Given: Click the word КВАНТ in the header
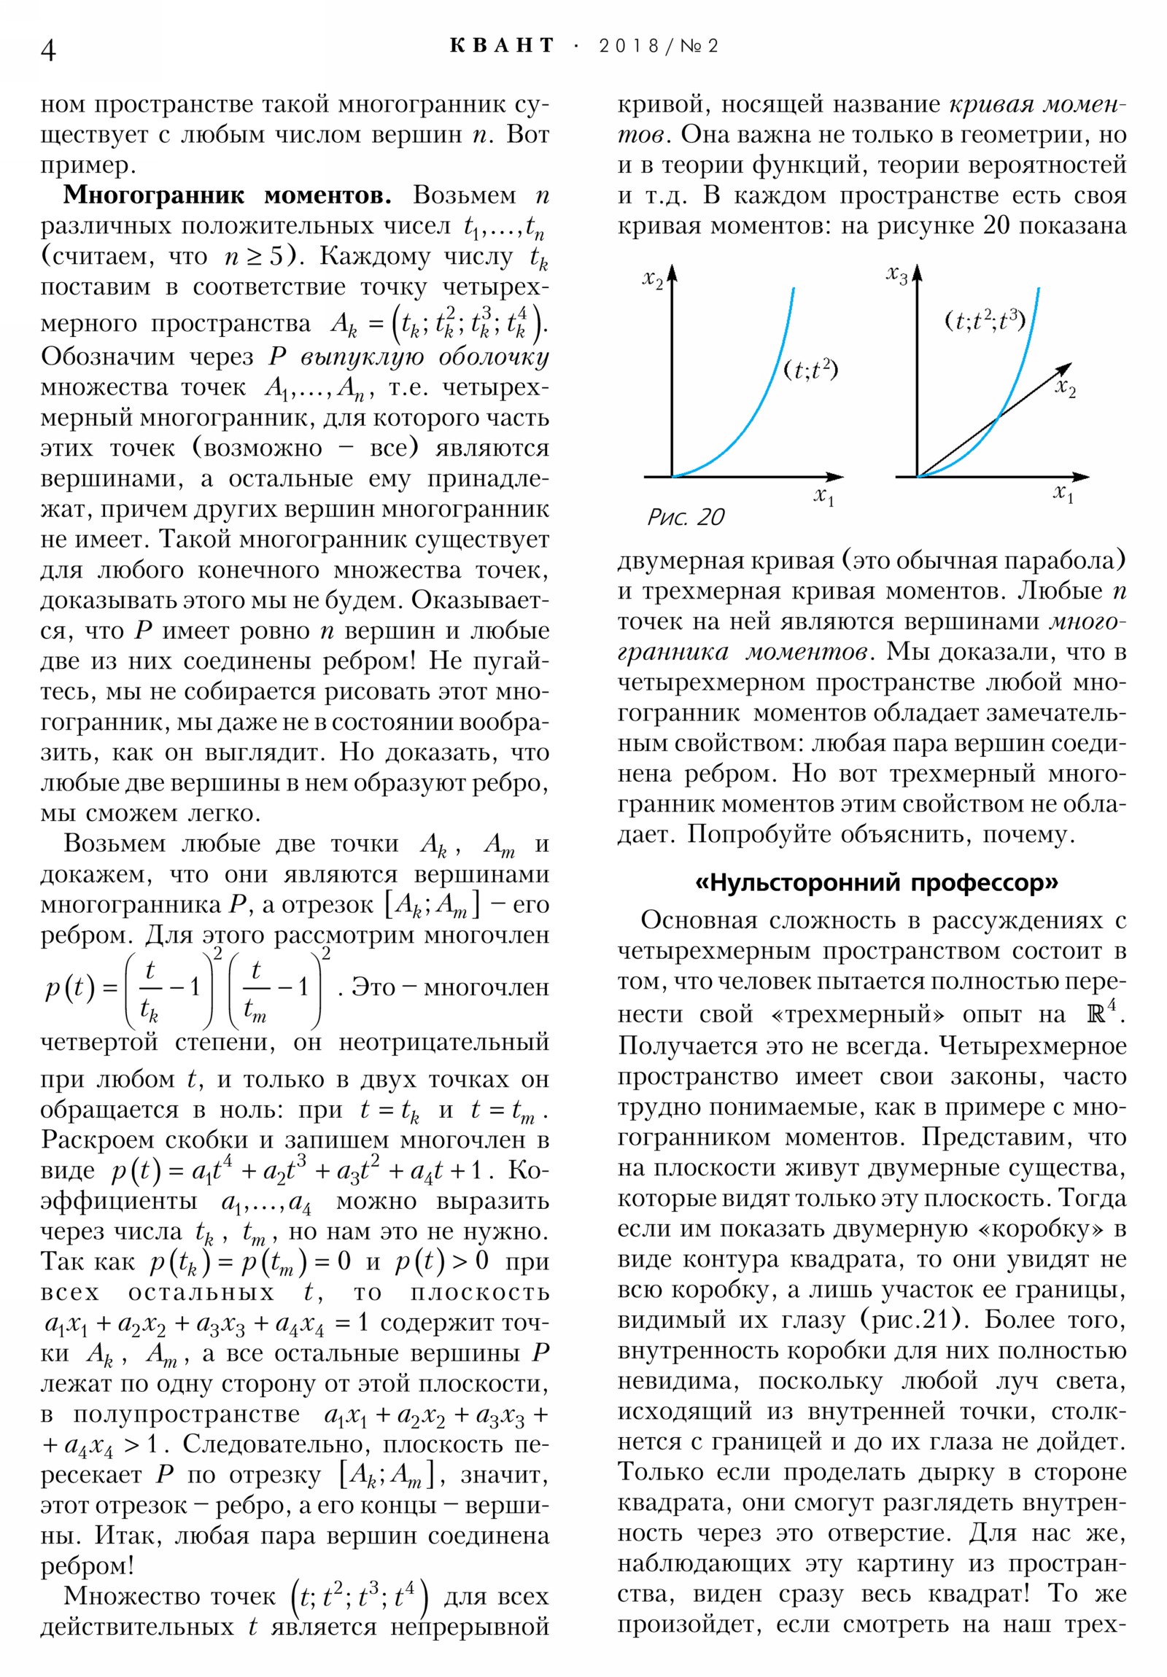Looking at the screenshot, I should click(x=502, y=46).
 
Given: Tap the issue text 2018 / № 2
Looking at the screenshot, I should click(x=659, y=46).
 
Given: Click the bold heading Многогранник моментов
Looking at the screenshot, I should click(x=228, y=195).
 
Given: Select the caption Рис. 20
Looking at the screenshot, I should click(x=686, y=517).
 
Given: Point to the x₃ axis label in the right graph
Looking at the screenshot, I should click(x=896, y=276).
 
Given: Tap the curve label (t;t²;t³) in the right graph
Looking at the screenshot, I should click(x=985, y=320).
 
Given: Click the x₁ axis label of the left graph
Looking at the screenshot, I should click(x=823, y=497).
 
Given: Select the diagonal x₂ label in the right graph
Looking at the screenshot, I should click(x=1066, y=388).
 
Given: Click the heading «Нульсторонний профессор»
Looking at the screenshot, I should click(x=876, y=883).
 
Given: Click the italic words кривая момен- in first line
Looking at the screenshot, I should click(x=1038, y=104).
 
